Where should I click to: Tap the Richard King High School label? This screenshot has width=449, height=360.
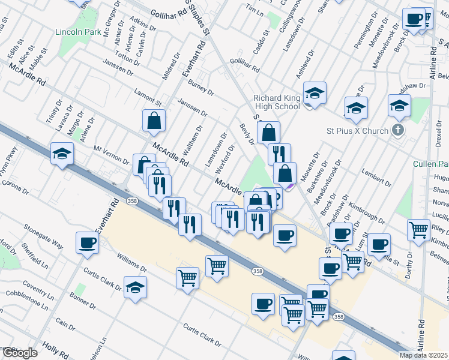click(x=276, y=103)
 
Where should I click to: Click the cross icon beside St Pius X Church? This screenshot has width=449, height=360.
click(x=397, y=130)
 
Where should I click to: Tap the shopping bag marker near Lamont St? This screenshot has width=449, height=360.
click(x=154, y=121)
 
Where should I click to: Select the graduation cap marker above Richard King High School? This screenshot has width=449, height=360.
click(x=315, y=93)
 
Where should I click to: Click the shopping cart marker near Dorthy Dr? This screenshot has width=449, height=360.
click(x=418, y=230)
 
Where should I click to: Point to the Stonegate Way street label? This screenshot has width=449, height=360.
click(x=43, y=236)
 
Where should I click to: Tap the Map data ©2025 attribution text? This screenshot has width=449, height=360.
click(x=423, y=355)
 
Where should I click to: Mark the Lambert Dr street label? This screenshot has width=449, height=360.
click(x=372, y=181)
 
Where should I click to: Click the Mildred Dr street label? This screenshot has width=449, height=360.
click(x=170, y=68)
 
